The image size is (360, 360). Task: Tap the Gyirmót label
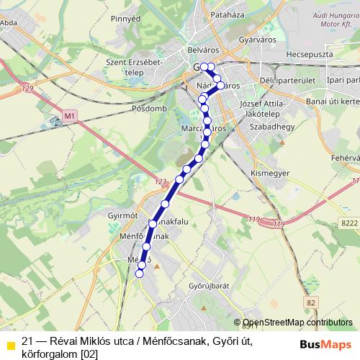click(121, 217)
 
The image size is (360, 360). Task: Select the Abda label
click(9, 22)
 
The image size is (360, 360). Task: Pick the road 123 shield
click(160, 184)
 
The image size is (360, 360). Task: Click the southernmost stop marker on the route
click(140, 273)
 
